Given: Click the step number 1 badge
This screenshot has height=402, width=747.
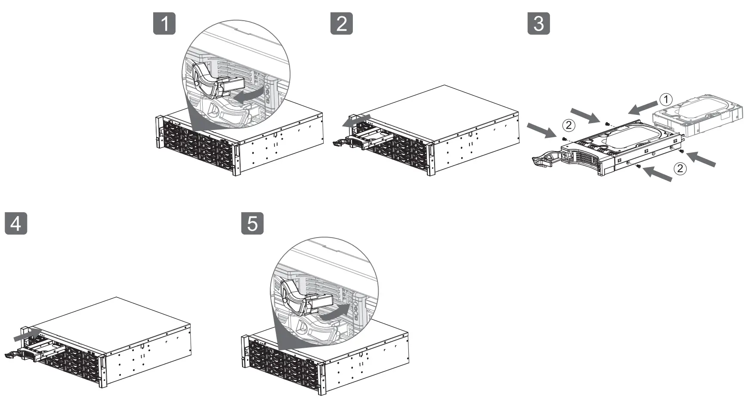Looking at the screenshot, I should click(x=164, y=23).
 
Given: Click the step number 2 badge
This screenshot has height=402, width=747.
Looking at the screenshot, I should click(x=341, y=23).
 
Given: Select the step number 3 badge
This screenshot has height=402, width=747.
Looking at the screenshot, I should click(x=539, y=23).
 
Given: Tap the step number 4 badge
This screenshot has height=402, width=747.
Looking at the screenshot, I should click(x=16, y=223).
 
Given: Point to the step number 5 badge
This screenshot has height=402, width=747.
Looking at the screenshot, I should click(x=253, y=223).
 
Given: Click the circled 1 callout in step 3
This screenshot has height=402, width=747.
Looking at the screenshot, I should click(x=666, y=100).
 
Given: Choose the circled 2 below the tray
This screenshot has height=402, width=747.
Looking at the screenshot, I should click(x=680, y=168).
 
